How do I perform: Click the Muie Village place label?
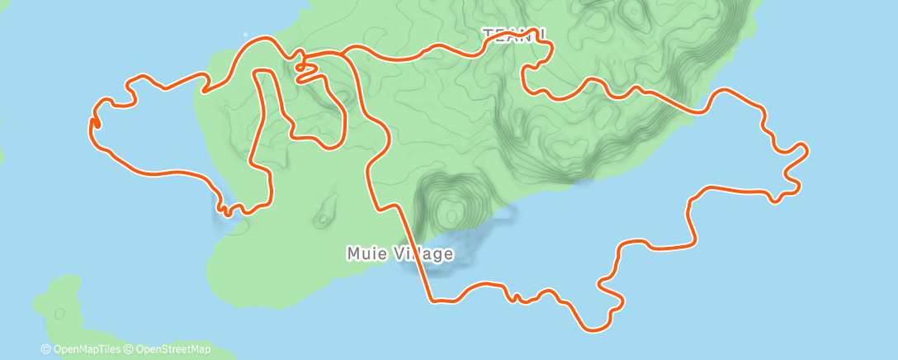[399, 253]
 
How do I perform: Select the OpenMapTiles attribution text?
[83, 350]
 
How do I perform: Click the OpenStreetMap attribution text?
[169, 350]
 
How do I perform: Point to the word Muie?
[364, 253]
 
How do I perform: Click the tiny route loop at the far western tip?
[93, 122]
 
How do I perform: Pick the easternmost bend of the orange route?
[806, 149]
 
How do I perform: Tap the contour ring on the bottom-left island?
[59, 314]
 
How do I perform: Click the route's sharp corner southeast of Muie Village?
[430, 298]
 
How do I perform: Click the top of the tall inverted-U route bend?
[264, 73]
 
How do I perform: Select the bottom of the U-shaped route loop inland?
[330, 148]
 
